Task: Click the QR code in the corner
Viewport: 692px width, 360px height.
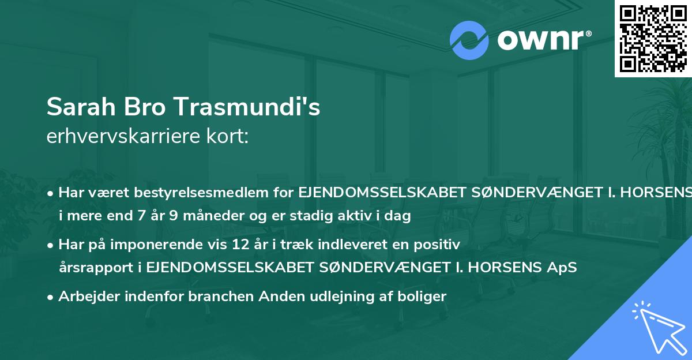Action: click(653, 38)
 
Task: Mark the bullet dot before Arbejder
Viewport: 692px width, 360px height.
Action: click(51, 297)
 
